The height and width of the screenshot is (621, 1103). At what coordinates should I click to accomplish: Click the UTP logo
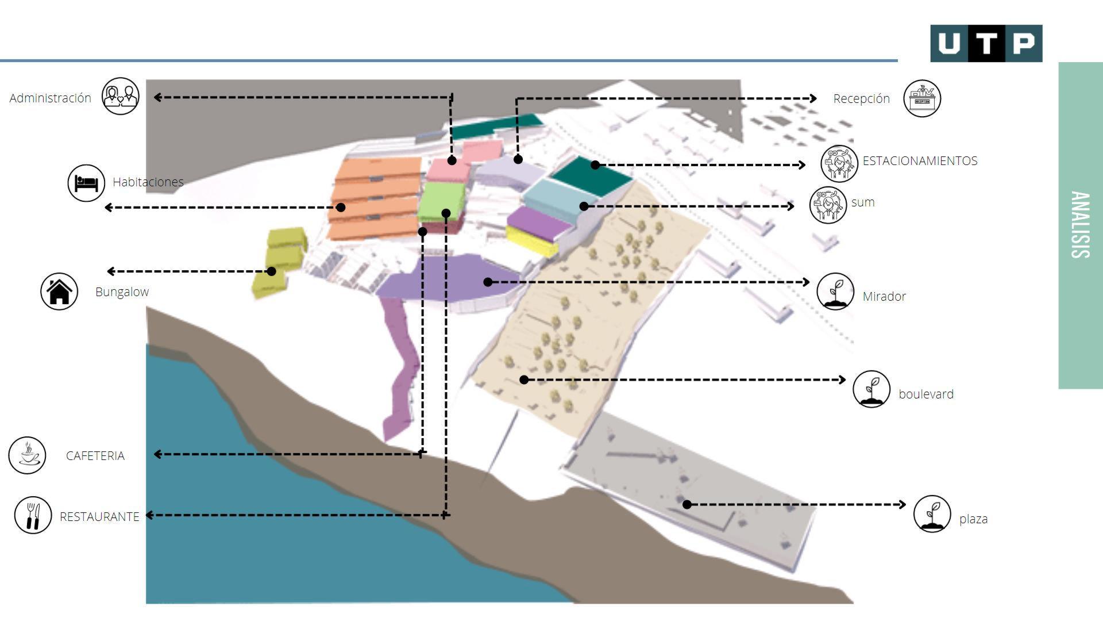986,43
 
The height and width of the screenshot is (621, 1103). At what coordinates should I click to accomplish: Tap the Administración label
50,98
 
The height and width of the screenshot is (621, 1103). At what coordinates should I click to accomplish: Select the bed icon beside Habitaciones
86,183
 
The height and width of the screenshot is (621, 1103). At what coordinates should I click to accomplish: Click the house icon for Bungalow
59,291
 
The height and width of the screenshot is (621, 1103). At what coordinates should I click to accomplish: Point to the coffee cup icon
27,455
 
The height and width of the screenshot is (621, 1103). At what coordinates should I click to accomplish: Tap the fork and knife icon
33,515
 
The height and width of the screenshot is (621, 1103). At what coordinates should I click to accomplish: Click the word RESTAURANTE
99,516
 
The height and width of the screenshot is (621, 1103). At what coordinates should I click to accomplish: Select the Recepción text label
861,98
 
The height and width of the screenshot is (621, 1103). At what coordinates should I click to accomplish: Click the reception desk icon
922,98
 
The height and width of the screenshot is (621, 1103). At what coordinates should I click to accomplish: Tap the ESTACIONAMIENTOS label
920,161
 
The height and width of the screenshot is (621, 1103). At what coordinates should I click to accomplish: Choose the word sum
863,202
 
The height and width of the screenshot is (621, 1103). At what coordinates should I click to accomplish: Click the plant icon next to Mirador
835,292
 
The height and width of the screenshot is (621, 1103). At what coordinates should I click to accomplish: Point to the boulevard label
925,394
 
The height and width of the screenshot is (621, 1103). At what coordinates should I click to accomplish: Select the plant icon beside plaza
932,514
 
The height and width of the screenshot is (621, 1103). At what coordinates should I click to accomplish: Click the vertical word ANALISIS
1080,225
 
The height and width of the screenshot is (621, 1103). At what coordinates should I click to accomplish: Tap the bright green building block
441,201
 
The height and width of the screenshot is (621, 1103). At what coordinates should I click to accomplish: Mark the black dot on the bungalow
272,271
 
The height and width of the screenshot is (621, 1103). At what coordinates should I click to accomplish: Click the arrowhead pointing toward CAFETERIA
157,454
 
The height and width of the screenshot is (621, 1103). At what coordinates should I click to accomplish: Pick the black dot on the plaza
687,504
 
